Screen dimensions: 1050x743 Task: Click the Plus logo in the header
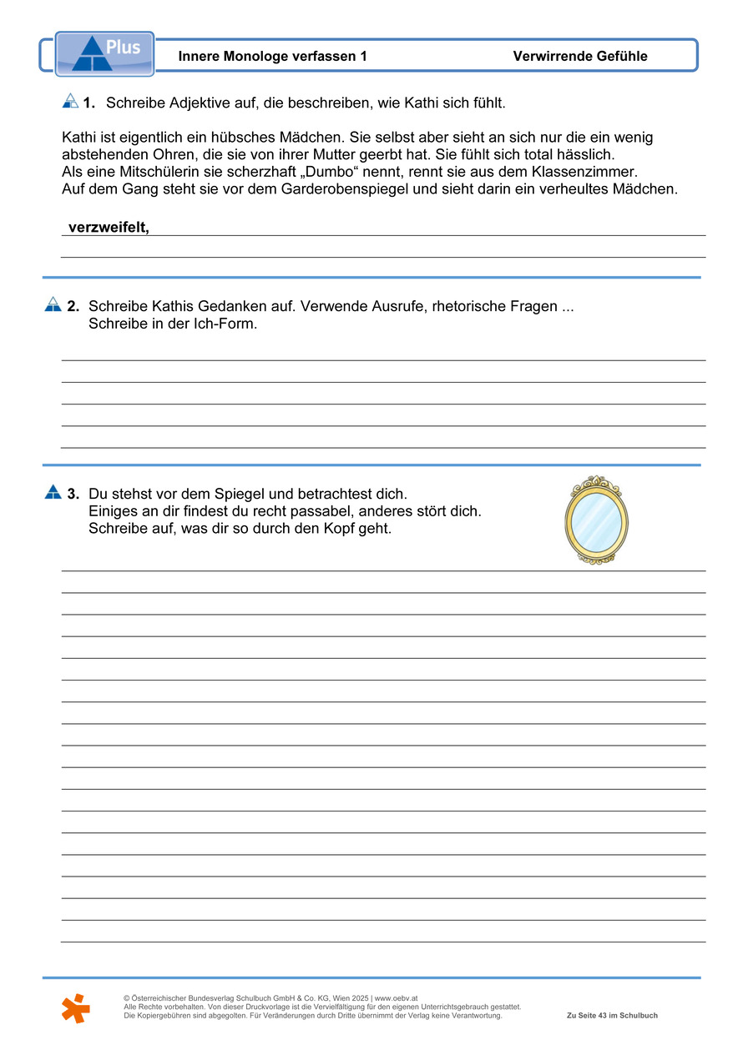coord(105,53)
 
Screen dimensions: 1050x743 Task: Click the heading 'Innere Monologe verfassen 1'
coord(272,57)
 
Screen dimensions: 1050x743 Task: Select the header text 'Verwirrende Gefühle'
coord(580,57)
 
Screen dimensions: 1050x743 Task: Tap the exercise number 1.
coord(88,103)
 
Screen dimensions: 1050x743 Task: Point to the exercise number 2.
coord(73,306)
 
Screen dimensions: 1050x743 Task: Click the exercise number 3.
coord(73,494)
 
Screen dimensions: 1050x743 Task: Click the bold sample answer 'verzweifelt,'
coord(109,228)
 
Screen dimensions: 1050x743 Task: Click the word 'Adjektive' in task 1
coord(199,103)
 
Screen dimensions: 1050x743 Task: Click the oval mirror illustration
coord(596,521)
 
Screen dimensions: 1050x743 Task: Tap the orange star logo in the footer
coord(75,1008)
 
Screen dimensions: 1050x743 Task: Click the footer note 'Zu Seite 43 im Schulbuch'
coord(612,1016)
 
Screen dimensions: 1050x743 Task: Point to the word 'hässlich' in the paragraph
coord(584,155)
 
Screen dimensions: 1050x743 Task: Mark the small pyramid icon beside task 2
coord(53,305)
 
